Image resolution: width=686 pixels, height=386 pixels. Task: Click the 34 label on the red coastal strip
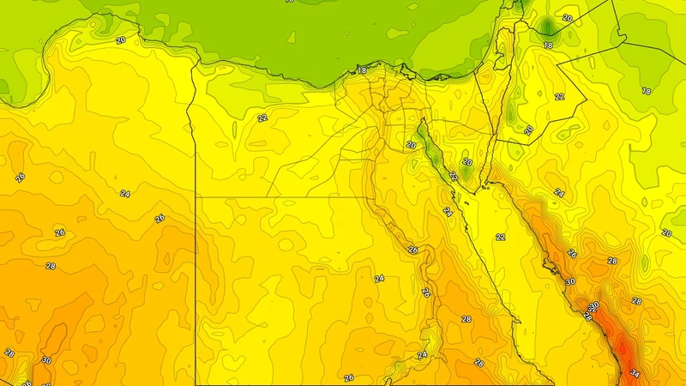[x=635, y=373]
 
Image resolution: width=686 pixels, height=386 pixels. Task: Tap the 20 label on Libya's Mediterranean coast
[x=120, y=40]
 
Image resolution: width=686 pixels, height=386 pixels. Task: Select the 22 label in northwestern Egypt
[x=262, y=118]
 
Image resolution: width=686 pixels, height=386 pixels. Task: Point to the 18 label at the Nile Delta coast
[x=362, y=70]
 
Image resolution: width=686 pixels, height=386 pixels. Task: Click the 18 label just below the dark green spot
[x=548, y=45]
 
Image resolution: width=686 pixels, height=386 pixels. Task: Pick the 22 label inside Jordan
[x=559, y=97]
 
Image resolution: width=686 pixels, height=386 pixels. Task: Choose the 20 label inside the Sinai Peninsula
[x=467, y=161]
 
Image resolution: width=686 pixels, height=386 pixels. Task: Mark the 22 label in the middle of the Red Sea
[x=501, y=237]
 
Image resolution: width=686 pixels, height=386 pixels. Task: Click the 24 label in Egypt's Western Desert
[x=379, y=278]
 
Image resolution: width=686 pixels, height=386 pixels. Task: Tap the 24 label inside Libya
[x=124, y=194]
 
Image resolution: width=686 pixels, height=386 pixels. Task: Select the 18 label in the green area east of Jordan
[x=646, y=91]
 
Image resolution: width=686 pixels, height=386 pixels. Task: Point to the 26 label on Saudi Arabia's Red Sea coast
[x=572, y=254]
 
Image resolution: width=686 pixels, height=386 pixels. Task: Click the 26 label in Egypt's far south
[x=348, y=377]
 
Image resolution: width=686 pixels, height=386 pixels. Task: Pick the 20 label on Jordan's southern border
[x=529, y=130]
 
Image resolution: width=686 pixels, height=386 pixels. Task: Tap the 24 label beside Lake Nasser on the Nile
[x=422, y=354]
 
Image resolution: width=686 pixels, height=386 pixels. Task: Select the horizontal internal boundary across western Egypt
[x=283, y=196]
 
